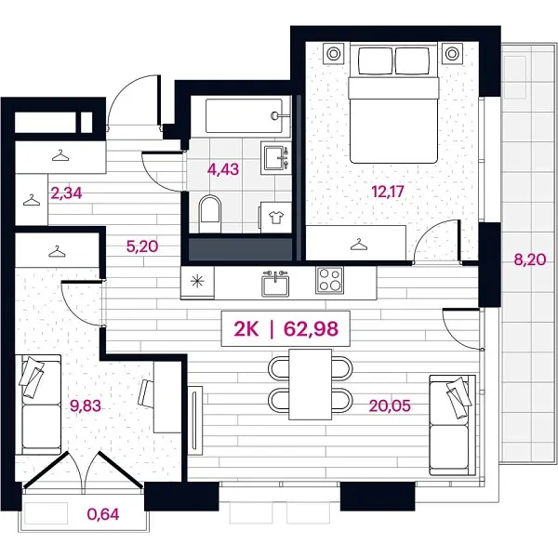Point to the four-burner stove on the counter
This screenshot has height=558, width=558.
coord(330,279)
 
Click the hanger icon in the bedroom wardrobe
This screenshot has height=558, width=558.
coord(358,245)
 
